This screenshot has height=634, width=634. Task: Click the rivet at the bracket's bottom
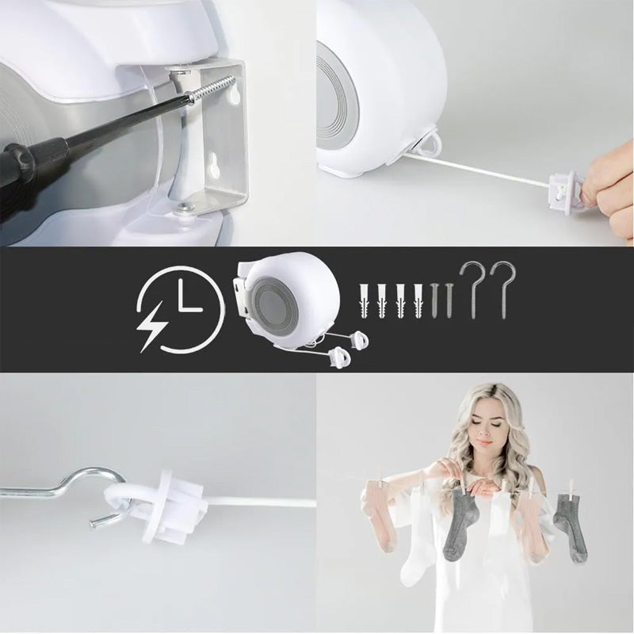pyautogui.click(x=185, y=208)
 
